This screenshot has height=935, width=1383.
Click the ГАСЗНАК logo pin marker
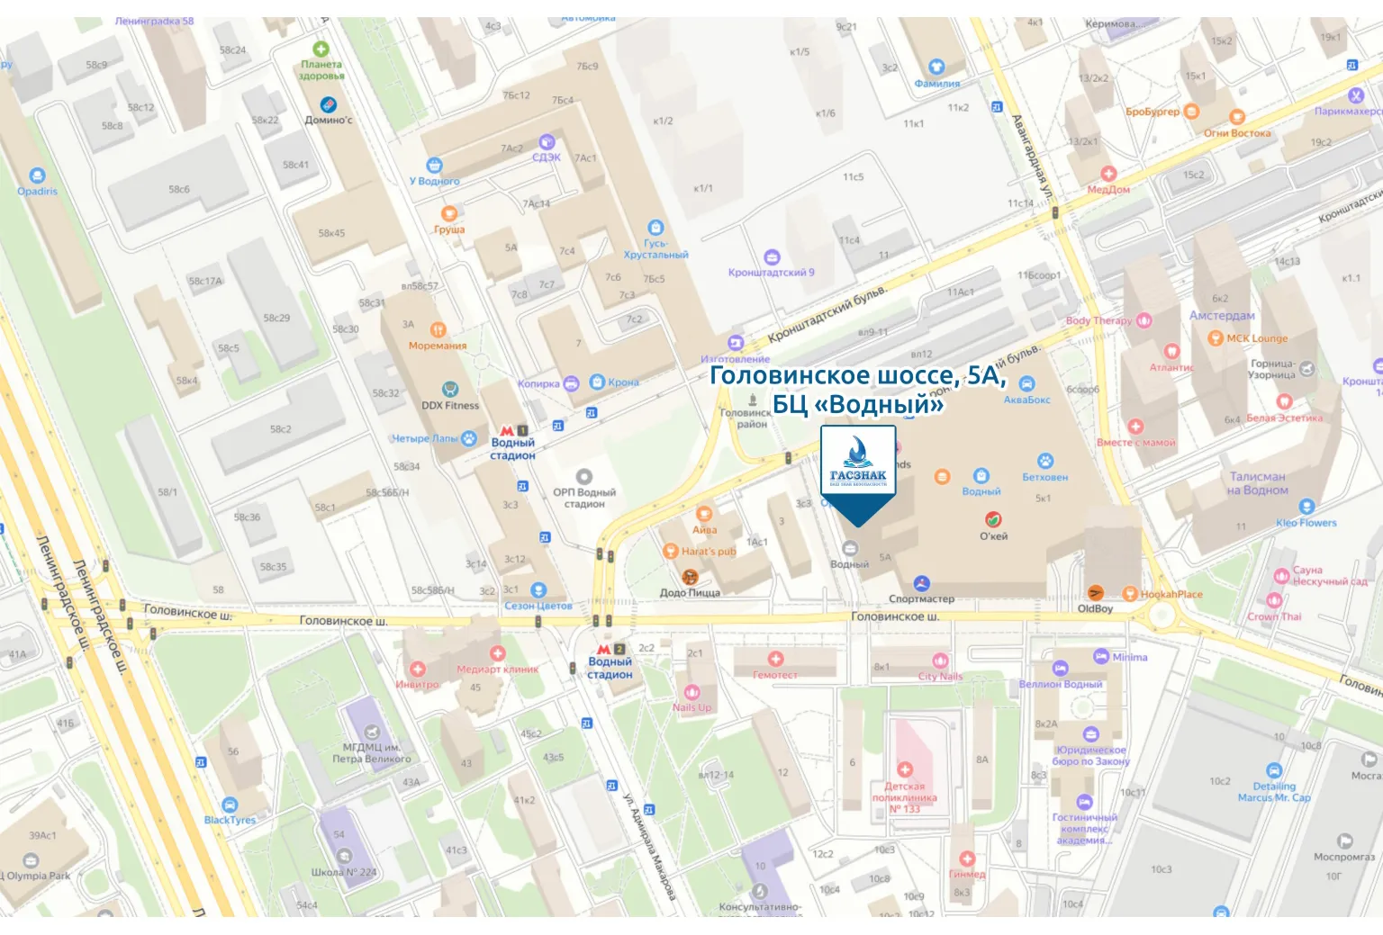point(858,472)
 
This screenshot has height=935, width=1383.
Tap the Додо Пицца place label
point(690,593)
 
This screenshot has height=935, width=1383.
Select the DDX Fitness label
point(450,406)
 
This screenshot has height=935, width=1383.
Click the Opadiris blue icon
point(37,175)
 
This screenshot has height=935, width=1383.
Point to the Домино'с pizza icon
point(329,104)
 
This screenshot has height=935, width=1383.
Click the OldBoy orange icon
point(1096,592)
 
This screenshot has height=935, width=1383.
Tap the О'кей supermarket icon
point(993,519)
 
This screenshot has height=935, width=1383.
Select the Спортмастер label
point(921,598)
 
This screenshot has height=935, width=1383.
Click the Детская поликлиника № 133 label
point(904,797)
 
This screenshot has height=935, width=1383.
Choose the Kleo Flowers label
point(1306,523)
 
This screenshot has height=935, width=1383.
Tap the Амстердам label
point(1222,316)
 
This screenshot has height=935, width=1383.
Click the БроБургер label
point(1152,112)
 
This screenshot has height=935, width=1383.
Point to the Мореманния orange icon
point(438,329)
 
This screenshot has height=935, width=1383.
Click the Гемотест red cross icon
point(775,660)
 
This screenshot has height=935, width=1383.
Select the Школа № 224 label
point(344,872)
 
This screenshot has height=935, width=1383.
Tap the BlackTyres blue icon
point(230,805)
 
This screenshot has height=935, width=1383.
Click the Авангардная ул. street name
point(1032,157)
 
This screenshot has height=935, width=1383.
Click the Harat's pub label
point(709,552)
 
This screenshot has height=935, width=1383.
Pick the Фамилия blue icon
point(936,67)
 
